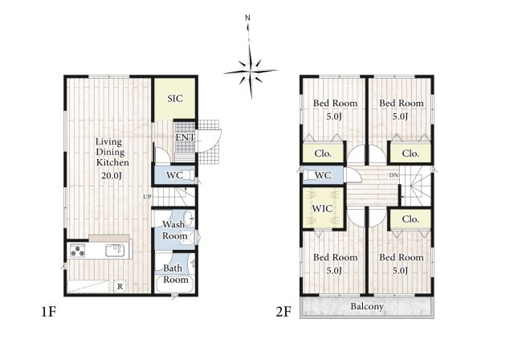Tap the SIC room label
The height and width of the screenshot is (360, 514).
pyautogui.click(x=175, y=99)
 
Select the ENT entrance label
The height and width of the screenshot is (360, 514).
pyautogui.click(x=185, y=137)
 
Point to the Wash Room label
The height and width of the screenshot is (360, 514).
pyautogui.click(x=174, y=231)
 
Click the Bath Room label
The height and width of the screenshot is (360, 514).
pyautogui.click(x=174, y=274)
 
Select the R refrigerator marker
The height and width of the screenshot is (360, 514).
pyautogui.click(x=120, y=285)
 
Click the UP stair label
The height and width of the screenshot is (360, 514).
pyautogui.click(x=147, y=196)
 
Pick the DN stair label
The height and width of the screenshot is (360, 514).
pyautogui.click(x=394, y=175)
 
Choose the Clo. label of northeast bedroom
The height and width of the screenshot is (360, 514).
pyautogui.click(x=410, y=153)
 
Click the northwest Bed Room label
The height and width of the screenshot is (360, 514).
pyautogui.click(x=335, y=103)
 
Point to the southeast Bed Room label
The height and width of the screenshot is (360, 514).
pyautogui.click(x=401, y=257)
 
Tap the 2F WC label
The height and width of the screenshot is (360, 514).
pyautogui.click(x=323, y=175)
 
